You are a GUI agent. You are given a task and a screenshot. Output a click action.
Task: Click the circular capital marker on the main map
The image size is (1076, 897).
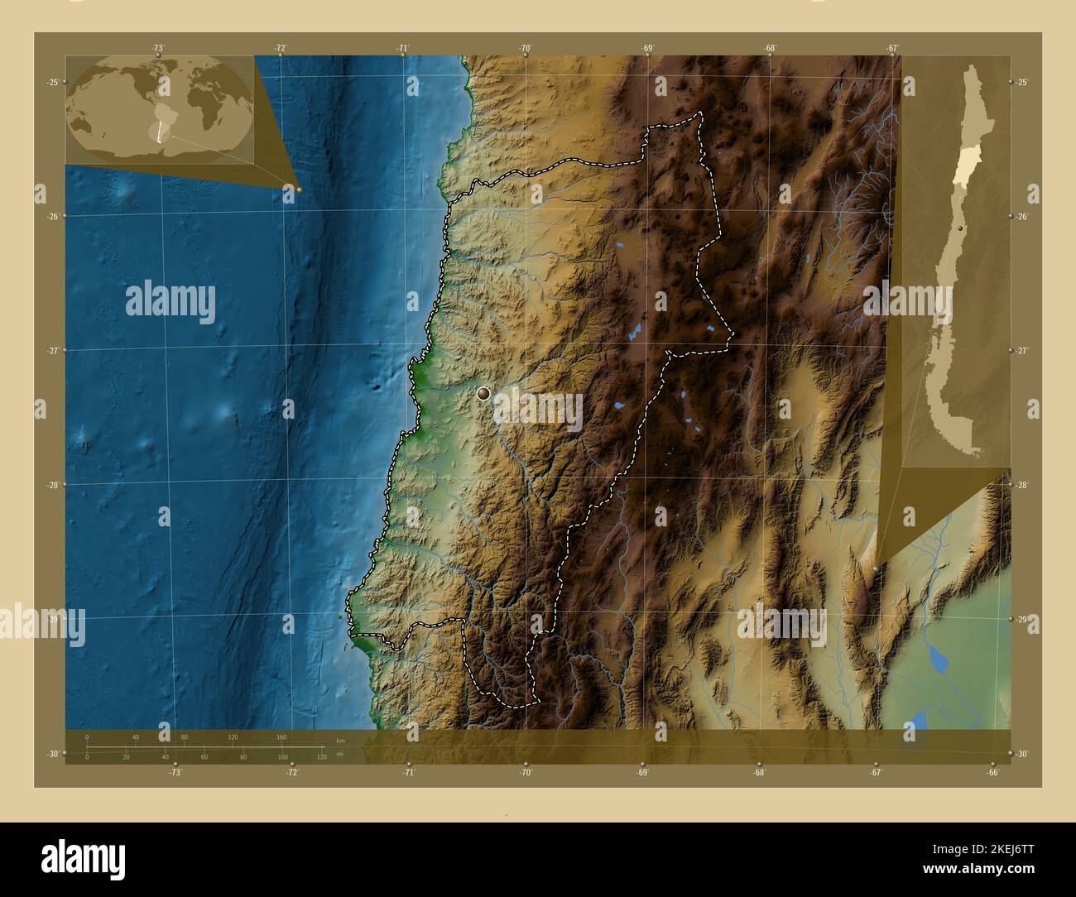coord(483,394)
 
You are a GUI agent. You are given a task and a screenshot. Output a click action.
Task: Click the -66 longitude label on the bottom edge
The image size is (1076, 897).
coord(993,772)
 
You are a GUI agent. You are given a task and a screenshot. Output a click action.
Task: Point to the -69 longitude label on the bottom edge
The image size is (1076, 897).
coord(642,772)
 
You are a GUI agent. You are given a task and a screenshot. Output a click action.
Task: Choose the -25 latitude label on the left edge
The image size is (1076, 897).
coord(52,82)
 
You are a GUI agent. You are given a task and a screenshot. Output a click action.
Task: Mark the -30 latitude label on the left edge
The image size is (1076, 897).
coord(52,753)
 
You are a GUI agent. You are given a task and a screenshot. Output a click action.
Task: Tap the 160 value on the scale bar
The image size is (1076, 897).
coord(281,736)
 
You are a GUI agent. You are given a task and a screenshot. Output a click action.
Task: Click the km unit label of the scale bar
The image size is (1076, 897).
coord(340,740)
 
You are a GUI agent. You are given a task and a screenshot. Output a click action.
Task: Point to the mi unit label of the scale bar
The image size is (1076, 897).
coord(340,756)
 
